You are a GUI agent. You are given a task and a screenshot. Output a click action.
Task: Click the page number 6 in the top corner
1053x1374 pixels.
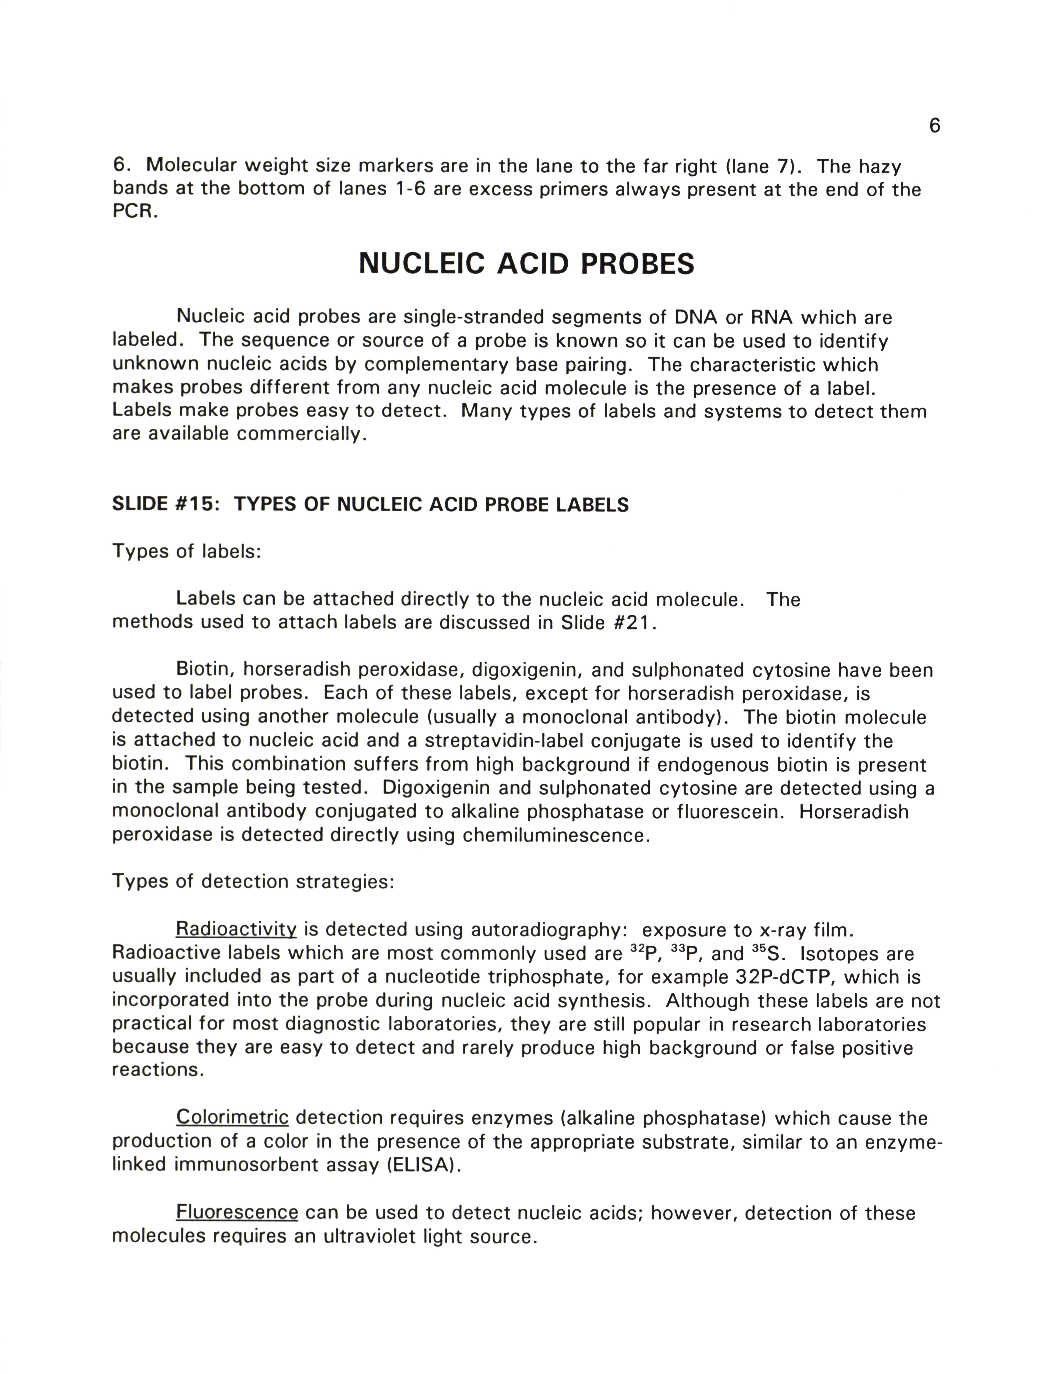coord(934,126)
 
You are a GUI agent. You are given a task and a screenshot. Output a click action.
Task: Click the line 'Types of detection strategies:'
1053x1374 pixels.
coord(253,881)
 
